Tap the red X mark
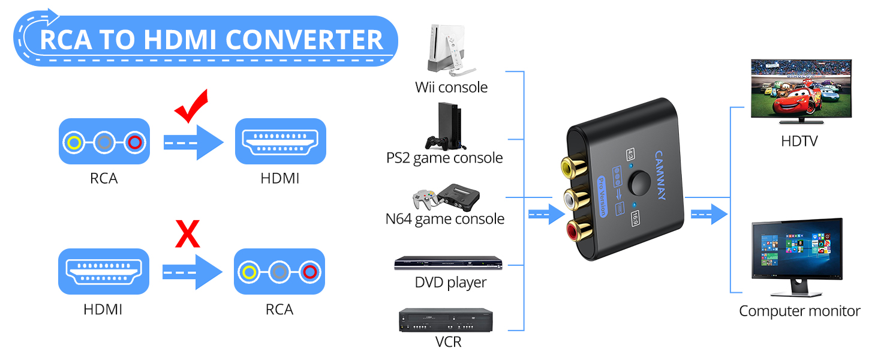(187, 234)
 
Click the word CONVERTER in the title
(307, 40)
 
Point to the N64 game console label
(444, 219)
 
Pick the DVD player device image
(448, 263)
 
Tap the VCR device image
(446, 320)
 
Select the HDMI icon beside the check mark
(280, 142)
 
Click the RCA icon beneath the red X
(279, 272)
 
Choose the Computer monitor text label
(799, 311)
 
